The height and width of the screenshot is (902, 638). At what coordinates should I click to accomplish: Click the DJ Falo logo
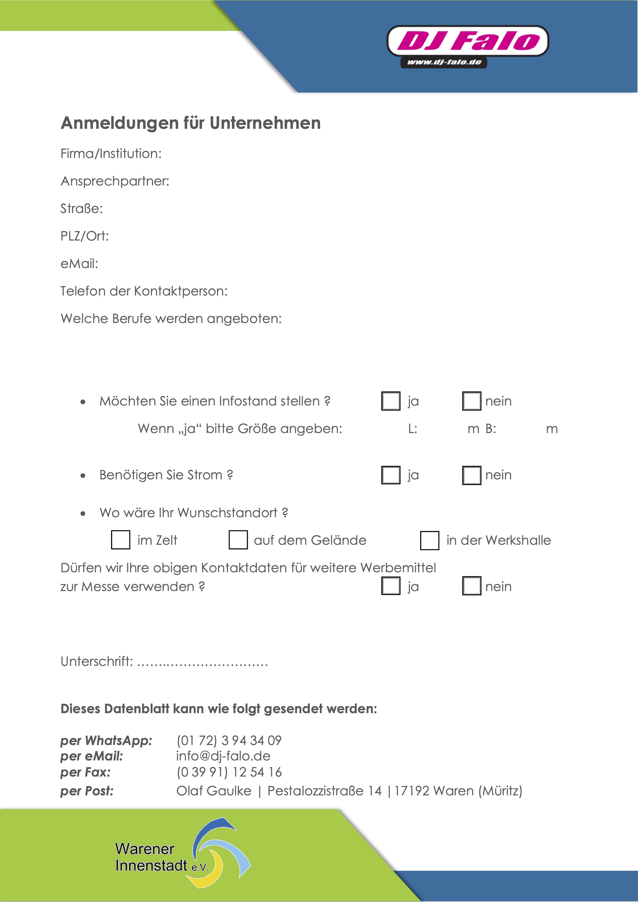pyautogui.click(x=468, y=41)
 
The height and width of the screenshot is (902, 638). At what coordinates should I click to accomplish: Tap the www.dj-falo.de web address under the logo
pyautogui.click(x=444, y=62)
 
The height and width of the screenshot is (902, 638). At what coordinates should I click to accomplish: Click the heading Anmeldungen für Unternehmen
pyautogui.click(x=191, y=123)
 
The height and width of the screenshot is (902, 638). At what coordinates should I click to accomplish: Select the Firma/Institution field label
pyautogui.click(x=111, y=154)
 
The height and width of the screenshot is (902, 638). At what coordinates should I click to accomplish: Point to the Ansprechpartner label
pyautogui.click(x=115, y=181)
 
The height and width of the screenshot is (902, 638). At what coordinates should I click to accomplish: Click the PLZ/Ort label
pyautogui.click(x=85, y=236)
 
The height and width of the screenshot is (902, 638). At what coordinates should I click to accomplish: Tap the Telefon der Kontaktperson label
pyautogui.click(x=144, y=291)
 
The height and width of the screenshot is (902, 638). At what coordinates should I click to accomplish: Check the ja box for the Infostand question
pyautogui.click(x=391, y=401)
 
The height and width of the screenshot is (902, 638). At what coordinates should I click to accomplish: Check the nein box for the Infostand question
pyautogui.click(x=472, y=401)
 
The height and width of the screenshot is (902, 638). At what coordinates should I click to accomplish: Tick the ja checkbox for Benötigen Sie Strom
pyautogui.click(x=391, y=475)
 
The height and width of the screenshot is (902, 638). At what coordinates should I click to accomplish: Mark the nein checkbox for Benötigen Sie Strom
pyautogui.click(x=472, y=475)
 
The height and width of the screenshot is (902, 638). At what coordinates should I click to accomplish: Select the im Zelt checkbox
pyautogui.click(x=121, y=540)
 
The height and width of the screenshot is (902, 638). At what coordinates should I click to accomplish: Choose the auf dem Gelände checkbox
pyautogui.click(x=238, y=540)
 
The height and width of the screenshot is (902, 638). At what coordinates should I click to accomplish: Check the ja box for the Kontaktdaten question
pyautogui.click(x=391, y=586)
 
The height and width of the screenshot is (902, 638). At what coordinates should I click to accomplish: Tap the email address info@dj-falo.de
pyautogui.click(x=223, y=756)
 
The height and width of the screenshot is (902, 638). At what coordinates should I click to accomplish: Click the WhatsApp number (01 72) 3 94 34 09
pyautogui.click(x=229, y=741)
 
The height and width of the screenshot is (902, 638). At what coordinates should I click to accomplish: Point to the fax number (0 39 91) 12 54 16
pyautogui.click(x=229, y=773)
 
